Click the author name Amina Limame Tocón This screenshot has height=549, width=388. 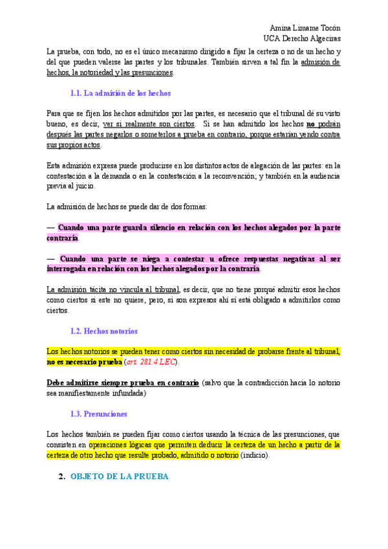point(305,28)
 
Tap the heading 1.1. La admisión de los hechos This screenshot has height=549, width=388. point(121,93)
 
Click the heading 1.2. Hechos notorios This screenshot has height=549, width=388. point(103,331)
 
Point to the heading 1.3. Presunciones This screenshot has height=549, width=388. point(98,413)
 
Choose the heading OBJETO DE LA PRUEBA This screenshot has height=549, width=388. point(119,476)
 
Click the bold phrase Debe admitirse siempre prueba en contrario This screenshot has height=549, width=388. point(123,383)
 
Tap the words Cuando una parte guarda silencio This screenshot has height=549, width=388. point(116,228)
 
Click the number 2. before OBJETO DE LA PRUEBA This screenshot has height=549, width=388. point(62,476)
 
